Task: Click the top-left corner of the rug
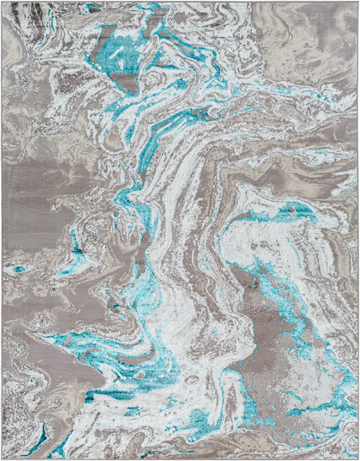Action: click(2, 2)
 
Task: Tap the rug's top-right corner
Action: click(358, 2)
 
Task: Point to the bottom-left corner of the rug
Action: click(2, 458)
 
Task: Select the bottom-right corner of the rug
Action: click(358, 458)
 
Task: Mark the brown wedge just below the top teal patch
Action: click(122, 79)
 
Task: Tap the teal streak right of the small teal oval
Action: click(66, 270)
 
